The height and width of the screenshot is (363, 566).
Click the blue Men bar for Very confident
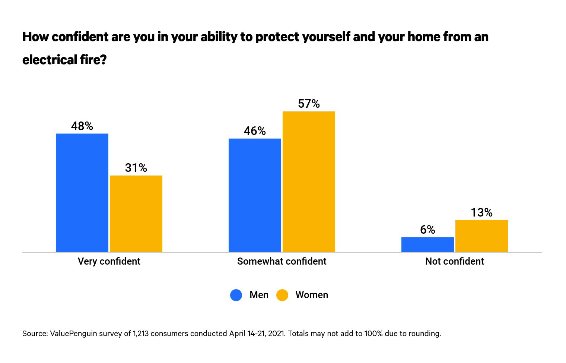[x=82, y=193]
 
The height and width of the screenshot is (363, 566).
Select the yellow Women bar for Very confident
[x=136, y=214]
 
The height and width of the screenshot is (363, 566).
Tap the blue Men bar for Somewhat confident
[x=255, y=195]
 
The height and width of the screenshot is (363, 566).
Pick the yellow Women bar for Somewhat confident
[x=309, y=181]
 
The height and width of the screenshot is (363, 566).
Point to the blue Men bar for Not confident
[x=427, y=244]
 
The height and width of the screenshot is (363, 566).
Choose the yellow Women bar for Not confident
[x=481, y=236]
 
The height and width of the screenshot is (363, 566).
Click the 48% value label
[x=82, y=126]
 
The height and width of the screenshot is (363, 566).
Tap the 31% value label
[x=136, y=168]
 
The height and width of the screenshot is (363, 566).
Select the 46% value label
[x=255, y=131]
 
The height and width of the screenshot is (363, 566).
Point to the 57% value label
[x=309, y=104]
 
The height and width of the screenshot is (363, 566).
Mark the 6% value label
[x=427, y=230]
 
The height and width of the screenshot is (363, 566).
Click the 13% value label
[x=481, y=212]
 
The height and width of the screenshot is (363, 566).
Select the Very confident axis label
[x=109, y=261]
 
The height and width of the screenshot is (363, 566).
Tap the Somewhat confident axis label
[x=282, y=261]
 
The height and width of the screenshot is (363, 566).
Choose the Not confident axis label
[x=454, y=261]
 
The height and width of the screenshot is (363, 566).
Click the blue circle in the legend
[x=236, y=295]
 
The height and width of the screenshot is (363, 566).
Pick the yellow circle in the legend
[x=282, y=295]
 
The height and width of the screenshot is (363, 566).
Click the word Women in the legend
[x=312, y=295]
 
